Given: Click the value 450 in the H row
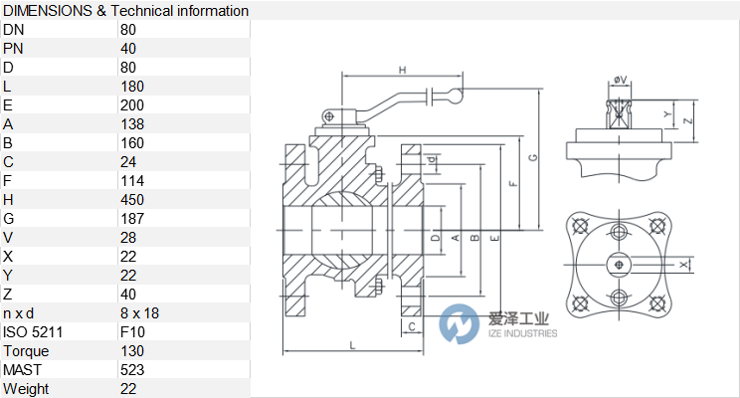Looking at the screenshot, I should (x=132, y=199).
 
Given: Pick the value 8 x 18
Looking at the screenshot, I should (x=139, y=312).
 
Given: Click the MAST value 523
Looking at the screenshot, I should (x=132, y=369).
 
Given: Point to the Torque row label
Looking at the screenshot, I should (x=26, y=350).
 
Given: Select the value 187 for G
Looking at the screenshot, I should (x=132, y=218).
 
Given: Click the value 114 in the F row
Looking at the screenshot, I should (x=132, y=180).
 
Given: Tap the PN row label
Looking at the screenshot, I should (x=14, y=48).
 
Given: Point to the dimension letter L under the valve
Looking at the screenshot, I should (x=353, y=344).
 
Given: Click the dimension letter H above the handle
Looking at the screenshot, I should (x=402, y=70).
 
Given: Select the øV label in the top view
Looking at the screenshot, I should (x=620, y=80).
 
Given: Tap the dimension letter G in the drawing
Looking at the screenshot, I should (x=533, y=157).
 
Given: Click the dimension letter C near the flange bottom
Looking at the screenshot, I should (x=412, y=325).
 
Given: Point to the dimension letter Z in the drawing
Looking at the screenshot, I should (x=688, y=119).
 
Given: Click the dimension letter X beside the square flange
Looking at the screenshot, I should (x=682, y=265).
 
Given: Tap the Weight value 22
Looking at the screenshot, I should (x=128, y=388).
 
